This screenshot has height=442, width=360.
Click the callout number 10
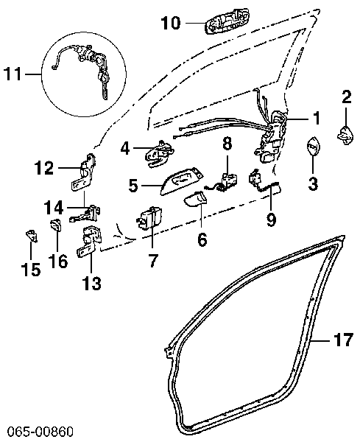(170, 23)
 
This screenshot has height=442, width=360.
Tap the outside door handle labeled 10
(227, 21)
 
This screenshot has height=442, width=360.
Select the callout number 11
(13, 74)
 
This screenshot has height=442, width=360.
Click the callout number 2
(347, 97)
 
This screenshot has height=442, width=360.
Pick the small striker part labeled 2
(345, 136)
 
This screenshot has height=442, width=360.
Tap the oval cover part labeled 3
(313, 146)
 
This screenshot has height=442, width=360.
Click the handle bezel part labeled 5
(182, 180)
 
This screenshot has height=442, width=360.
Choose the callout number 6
(202, 240)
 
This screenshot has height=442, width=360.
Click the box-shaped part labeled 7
(149, 218)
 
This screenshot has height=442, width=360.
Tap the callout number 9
(271, 220)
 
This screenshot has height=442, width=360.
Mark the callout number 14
(54, 208)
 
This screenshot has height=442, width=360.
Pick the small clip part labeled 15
(32, 236)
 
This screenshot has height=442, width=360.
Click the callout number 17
(343, 340)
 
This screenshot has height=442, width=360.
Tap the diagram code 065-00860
(40, 432)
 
